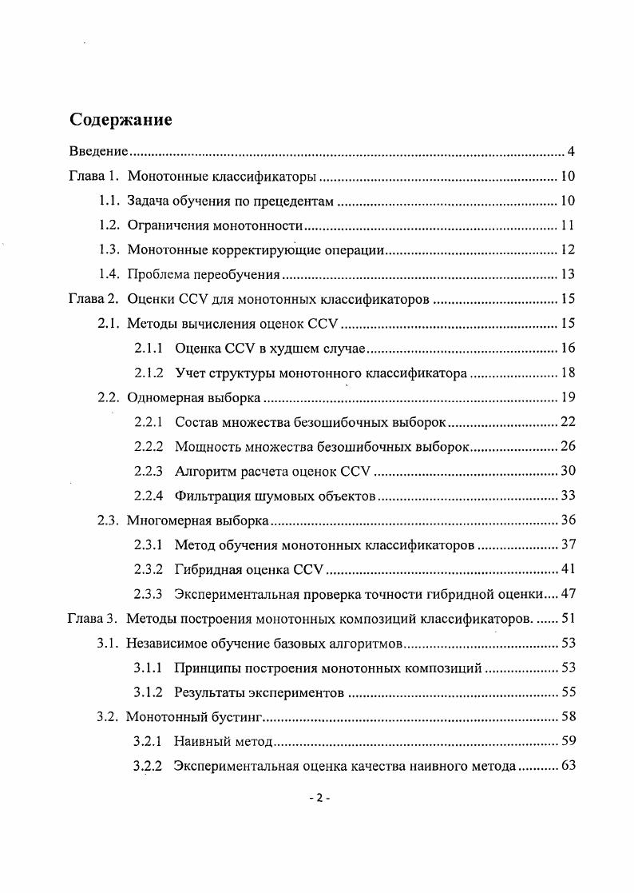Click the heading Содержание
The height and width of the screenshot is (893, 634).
(x=121, y=121)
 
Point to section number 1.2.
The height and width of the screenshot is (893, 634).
(x=109, y=225)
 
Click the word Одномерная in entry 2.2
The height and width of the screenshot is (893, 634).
(x=161, y=398)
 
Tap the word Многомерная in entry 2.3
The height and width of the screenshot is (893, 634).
(x=166, y=521)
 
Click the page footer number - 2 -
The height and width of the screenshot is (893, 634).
(x=319, y=799)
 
